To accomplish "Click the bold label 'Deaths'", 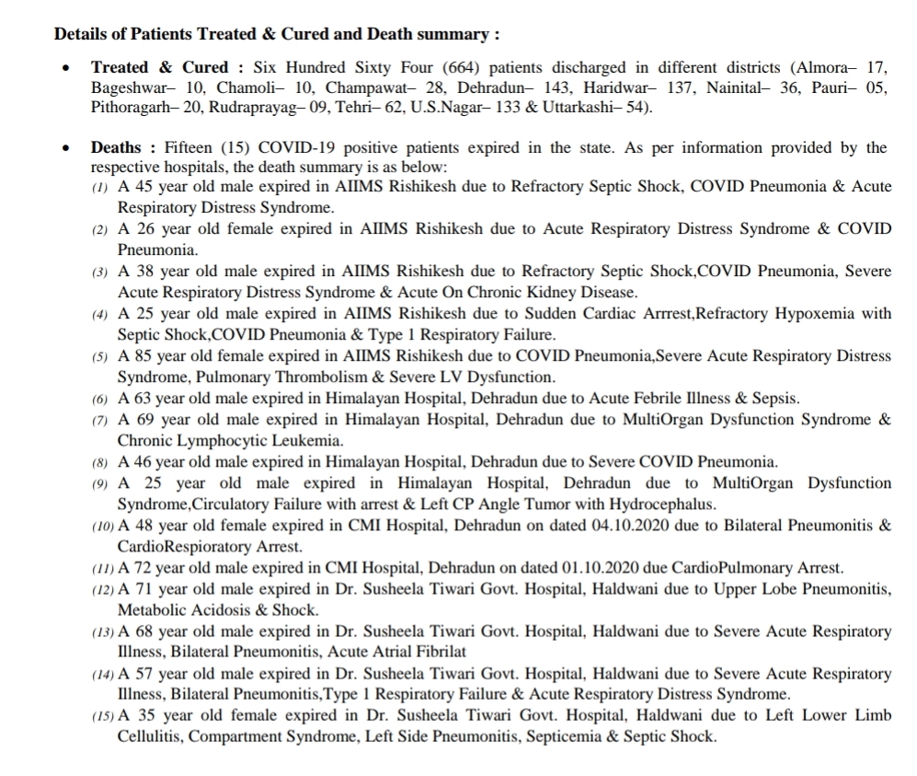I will coord(116,147).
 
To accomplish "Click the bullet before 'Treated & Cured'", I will coord(65,69).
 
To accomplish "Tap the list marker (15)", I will coord(103,717).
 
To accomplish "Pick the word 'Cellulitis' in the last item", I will coord(151,737).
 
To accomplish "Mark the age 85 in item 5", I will coord(143,356).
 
